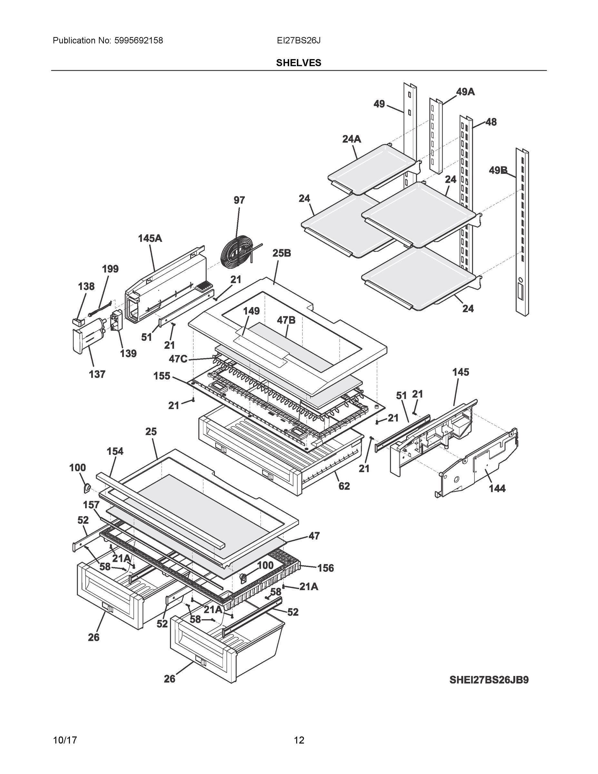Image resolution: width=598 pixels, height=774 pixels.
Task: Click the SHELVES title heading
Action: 299,63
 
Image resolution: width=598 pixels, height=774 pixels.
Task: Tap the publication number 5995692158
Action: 139,41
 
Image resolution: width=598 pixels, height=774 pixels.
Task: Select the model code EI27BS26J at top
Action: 299,41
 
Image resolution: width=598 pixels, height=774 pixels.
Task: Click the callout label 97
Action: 239,200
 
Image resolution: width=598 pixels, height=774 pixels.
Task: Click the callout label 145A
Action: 150,239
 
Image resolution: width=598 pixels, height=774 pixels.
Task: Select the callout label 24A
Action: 351,139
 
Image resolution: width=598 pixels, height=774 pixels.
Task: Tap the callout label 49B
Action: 498,171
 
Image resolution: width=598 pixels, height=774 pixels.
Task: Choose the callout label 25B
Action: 282,253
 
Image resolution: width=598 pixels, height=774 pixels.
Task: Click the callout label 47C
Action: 178,359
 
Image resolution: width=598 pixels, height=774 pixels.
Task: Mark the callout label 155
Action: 162,376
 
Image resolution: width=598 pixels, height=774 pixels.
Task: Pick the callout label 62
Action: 344,486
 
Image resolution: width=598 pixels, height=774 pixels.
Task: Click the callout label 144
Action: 497,488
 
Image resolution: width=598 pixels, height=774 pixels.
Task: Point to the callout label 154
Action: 115,451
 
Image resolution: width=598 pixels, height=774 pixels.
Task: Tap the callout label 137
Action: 97,374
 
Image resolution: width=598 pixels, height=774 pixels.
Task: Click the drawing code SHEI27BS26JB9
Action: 489,680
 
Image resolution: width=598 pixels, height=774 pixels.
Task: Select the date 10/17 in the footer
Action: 65,740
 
